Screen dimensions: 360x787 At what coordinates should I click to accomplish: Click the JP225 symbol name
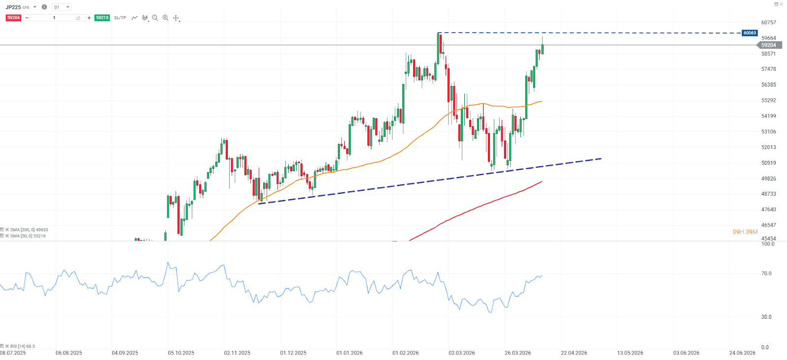click(x=13, y=7)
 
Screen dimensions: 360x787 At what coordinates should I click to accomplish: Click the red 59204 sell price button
click(x=13, y=18)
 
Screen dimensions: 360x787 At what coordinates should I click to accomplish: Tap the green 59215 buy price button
click(x=102, y=18)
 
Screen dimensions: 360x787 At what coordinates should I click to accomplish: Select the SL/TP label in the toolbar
click(x=120, y=18)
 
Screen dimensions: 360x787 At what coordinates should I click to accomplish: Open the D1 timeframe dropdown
click(x=62, y=7)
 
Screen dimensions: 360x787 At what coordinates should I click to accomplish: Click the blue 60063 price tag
click(x=750, y=33)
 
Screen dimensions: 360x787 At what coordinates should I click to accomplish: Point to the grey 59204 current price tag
click(x=768, y=45)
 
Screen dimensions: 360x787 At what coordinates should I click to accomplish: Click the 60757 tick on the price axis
click(x=768, y=23)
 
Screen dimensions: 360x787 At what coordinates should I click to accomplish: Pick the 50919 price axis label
click(x=768, y=163)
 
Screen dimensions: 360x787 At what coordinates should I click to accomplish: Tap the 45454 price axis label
click(x=768, y=239)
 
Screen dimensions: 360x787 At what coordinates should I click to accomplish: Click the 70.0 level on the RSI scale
click(x=766, y=273)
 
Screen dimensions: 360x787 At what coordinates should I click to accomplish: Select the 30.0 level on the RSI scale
click(x=766, y=317)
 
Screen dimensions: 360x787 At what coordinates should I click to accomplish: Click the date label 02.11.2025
click(x=237, y=353)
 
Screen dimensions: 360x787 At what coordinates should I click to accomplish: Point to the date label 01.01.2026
click(x=349, y=353)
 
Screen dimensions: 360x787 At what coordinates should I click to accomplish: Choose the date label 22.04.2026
click(x=574, y=353)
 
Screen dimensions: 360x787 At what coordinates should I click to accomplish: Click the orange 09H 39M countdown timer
click(x=745, y=232)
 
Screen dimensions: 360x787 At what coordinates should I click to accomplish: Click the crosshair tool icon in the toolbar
click(x=176, y=18)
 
